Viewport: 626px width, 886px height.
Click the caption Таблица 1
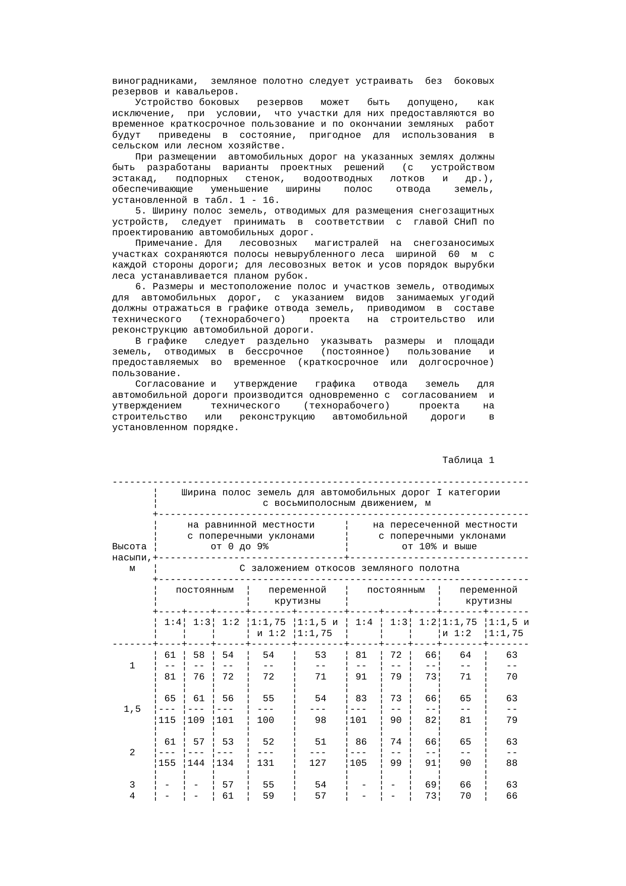tap(468, 460)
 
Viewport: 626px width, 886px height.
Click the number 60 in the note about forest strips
tap(453, 255)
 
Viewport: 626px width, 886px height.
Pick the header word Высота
tap(129, 547)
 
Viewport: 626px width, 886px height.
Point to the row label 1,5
tap(132, 709)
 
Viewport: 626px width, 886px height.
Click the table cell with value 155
tap(167, 763)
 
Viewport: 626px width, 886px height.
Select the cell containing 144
tap(196, 763)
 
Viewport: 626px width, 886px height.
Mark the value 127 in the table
tap(318, 763)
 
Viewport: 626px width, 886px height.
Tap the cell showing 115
tap(167, 720)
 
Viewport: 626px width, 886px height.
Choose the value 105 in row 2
tap(358, 763)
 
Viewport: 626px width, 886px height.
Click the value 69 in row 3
tap(430, 785)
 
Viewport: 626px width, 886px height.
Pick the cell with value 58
tap(199, 655)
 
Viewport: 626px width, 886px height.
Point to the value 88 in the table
tap(511, 763)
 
